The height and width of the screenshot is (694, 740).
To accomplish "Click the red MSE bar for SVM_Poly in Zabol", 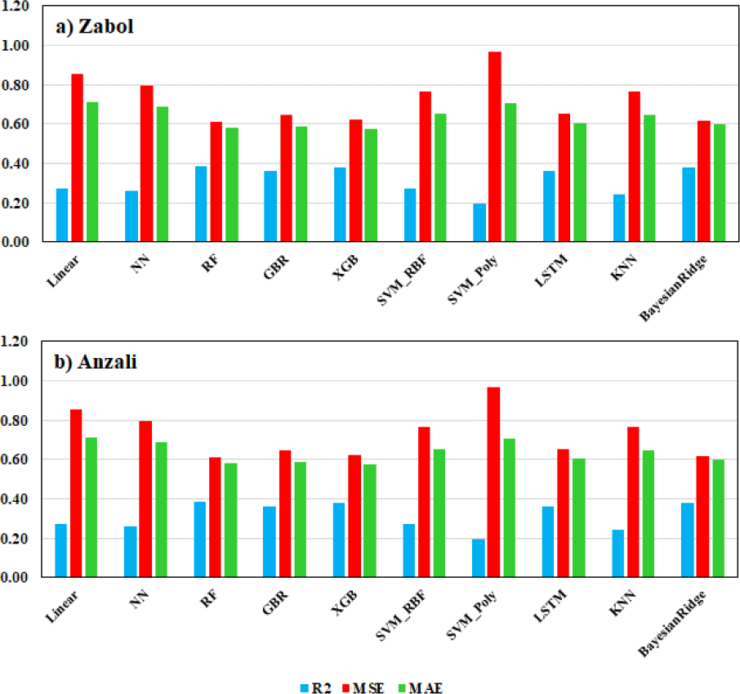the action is point(495,146).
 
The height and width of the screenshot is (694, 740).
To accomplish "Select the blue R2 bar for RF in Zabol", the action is point(201,204).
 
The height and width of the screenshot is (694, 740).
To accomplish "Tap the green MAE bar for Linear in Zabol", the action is point(92,172).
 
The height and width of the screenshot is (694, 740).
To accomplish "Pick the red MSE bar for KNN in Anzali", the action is point(633,502).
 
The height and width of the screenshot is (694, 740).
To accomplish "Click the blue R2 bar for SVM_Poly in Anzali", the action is point(479,558).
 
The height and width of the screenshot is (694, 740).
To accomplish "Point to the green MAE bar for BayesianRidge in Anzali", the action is point(718,518).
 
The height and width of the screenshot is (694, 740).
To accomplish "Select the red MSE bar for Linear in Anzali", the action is point(76,493).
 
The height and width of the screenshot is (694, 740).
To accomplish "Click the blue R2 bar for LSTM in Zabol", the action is point(549,206).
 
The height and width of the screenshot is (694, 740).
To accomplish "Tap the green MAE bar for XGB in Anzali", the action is point(370,521).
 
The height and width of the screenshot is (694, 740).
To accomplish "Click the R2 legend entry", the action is point(316,687).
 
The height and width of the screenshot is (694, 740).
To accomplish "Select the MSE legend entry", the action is point(363,687).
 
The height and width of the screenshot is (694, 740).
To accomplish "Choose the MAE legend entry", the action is point(421,687).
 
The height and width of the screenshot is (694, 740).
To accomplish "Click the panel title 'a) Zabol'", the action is point(95,26).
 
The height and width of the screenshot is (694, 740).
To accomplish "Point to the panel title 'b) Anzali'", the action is point(96,362).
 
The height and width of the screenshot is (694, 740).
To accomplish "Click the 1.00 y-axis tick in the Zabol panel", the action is point(15,46).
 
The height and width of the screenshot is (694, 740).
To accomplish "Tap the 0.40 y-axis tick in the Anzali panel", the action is point(14,499).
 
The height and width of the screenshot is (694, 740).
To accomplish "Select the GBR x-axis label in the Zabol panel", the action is point(276,267).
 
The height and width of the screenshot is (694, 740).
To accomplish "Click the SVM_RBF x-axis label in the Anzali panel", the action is point(401,615).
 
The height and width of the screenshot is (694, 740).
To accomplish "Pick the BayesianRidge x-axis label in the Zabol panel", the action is point(673,289).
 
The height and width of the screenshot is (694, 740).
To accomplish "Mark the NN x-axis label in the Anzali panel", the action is point(139,599).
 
